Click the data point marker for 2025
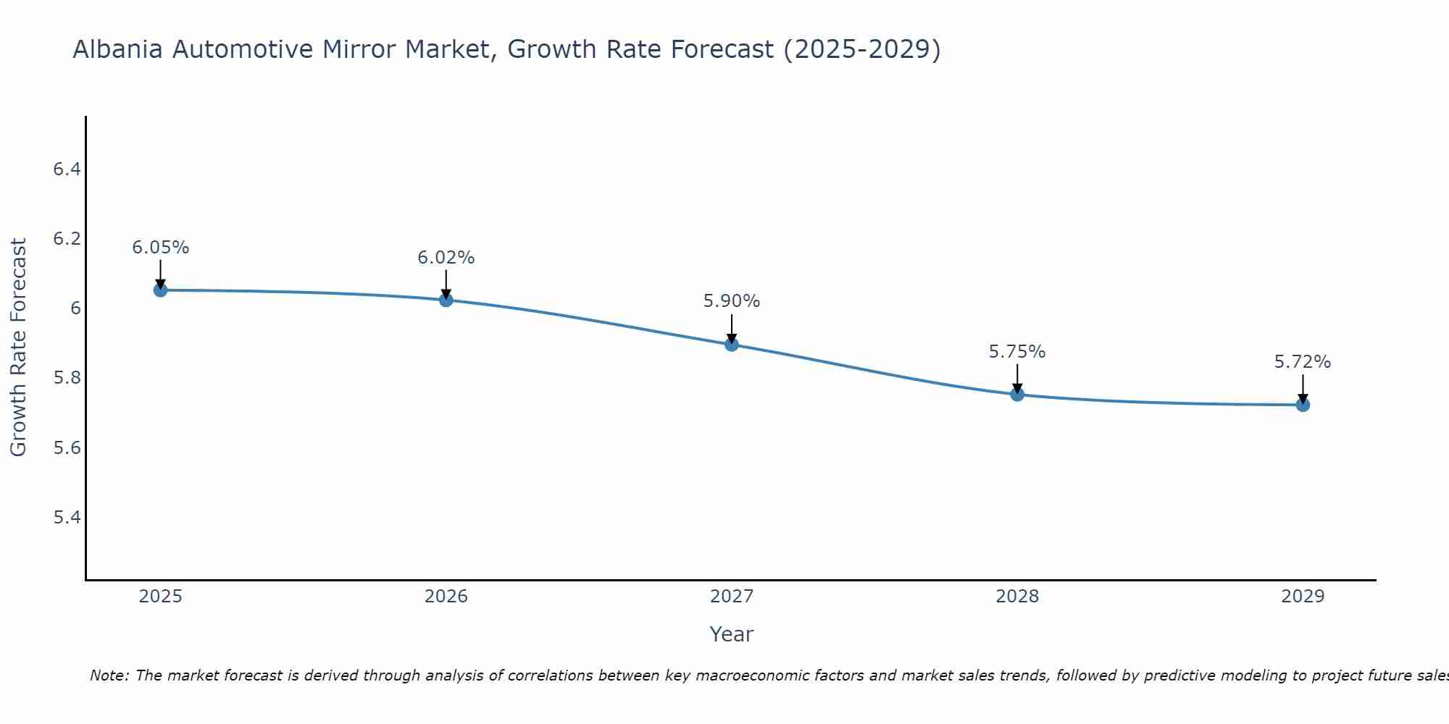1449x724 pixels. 160,290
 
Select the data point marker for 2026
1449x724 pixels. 446,300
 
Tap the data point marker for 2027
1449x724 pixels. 732,345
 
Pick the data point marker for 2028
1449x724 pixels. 1017,395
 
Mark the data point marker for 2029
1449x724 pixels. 1303,405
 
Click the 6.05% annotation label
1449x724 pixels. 160,248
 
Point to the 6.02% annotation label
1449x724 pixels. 446,258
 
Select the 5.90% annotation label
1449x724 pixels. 732,301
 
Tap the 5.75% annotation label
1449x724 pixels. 1017,352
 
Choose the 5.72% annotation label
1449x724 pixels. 1303,362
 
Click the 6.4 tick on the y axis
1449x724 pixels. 67,169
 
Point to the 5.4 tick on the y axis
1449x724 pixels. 67,517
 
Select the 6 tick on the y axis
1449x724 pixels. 75,308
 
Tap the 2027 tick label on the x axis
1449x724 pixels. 732,597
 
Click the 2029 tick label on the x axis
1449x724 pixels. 1303,597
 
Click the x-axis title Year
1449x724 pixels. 732,634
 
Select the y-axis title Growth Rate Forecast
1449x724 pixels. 19,348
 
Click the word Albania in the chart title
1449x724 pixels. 118,50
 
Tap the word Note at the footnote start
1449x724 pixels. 109,675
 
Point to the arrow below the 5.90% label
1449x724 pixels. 732,329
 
